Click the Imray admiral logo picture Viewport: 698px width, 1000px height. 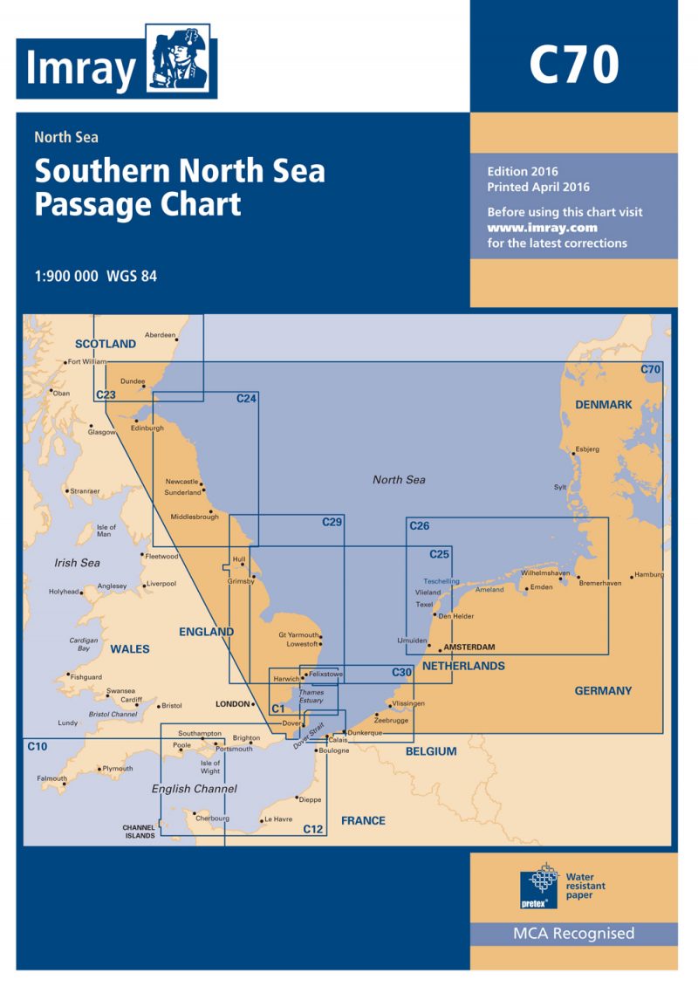181,61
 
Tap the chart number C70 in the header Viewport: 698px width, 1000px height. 573,64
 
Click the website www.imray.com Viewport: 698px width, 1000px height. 530,228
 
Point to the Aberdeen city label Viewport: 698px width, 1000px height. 160,335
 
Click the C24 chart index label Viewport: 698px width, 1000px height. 246,399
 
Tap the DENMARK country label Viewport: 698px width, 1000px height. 603,404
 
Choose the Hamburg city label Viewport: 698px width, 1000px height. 649,574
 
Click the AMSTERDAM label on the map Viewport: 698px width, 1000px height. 469,647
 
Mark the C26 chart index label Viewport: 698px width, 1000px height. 419,525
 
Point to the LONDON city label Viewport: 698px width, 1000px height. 232,703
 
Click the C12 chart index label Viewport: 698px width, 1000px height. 313,828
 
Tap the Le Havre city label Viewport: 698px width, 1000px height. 278,819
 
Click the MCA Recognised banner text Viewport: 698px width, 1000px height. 573,934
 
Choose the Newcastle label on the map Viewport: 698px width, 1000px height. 182,482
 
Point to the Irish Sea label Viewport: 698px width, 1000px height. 77,563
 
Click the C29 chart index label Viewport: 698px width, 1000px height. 332,523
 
